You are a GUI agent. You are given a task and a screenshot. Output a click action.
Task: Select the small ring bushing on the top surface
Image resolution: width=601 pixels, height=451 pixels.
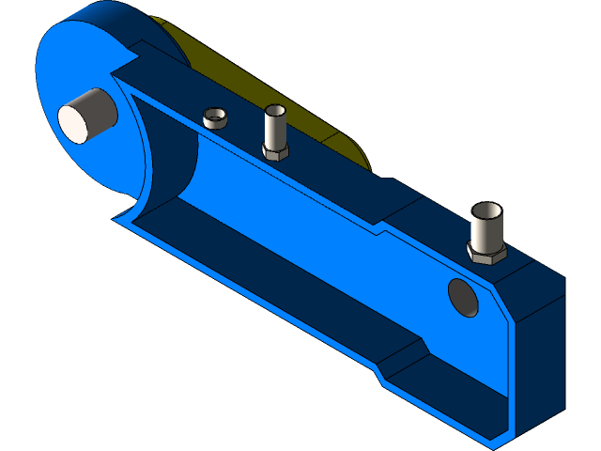pos(216,118)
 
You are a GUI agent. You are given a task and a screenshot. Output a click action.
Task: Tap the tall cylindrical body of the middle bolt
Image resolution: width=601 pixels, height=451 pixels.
pos(274,130)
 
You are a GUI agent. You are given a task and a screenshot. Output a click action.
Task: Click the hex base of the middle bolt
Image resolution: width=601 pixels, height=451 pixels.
pos(274,152)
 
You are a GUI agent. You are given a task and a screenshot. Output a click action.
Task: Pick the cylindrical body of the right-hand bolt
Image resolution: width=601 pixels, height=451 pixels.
pos(487,227)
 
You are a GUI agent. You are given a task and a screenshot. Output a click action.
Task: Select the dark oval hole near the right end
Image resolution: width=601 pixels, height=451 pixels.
pos(463,297)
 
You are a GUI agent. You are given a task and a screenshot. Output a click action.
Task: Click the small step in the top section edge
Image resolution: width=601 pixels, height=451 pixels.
pos(380,228)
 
